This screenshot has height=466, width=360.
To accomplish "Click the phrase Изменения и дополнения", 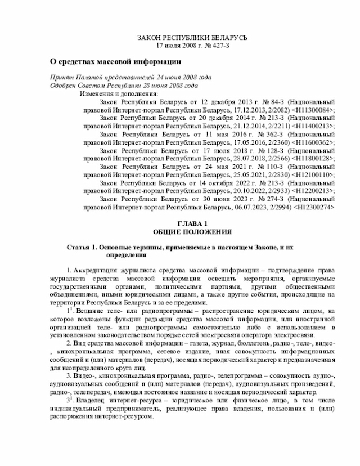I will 119,93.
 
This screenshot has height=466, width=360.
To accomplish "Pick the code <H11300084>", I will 312,110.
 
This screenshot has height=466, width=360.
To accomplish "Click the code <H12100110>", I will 312,175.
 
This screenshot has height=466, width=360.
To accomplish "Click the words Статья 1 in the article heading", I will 83,248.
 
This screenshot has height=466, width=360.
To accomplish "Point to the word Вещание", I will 89,311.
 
